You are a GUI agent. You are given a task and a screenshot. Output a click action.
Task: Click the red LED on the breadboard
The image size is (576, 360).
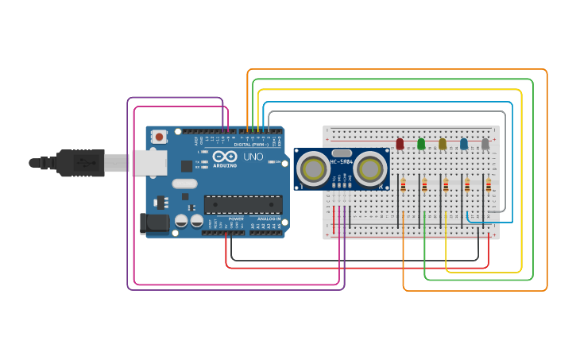pos(400,144)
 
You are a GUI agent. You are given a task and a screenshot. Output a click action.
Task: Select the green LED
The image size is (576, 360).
pos(421,144)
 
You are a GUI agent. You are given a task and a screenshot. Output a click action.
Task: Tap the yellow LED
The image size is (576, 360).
pos(443,144)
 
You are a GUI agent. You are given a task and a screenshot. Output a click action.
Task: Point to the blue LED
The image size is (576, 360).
pos(464,144)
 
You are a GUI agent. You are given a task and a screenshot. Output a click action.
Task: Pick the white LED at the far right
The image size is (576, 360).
pos(485,144)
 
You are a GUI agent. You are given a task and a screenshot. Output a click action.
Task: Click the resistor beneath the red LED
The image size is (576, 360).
pos(403,185)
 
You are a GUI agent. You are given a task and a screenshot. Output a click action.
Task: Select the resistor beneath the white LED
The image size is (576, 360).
pos(489,185)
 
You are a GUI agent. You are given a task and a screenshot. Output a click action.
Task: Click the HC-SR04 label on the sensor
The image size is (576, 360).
pos(342,162)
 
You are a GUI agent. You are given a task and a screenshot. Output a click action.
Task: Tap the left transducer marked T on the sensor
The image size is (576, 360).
pos(314,168)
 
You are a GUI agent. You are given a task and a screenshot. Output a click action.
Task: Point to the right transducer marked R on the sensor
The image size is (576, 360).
pos(369,168)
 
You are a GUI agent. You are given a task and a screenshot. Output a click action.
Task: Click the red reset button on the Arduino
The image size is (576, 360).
pos(159,137)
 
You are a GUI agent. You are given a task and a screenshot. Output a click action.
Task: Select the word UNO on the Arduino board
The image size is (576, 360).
pos(253,157)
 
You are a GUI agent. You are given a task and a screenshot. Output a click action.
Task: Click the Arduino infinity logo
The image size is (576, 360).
pos(225,157)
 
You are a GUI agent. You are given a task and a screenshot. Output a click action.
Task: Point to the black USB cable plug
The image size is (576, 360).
pos(79,162)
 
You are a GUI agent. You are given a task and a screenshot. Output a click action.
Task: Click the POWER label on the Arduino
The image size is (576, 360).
pos(236,219)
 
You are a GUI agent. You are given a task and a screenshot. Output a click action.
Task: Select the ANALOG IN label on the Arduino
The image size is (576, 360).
pos(269,219)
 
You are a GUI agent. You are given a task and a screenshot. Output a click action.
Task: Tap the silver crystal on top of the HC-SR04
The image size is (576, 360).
pos(342,153)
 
